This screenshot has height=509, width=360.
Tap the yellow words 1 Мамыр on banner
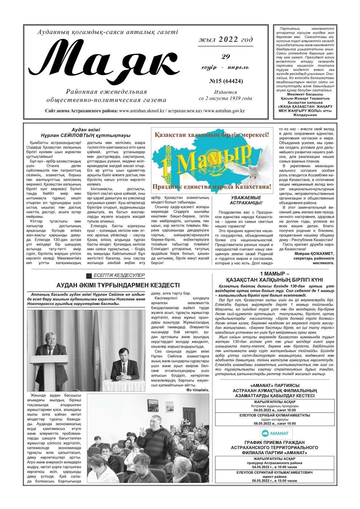(x=207, y=159)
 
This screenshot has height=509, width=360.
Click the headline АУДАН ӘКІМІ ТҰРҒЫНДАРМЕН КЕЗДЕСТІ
(x=118, y=285)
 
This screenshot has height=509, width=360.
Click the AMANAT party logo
(x=275, y=433)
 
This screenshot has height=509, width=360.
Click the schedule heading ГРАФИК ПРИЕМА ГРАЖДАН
(x=275, y=442)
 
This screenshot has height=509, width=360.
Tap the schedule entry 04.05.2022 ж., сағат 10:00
(x=275, y=410)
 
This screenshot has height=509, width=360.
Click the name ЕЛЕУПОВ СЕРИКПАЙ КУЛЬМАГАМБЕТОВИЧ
(x=275, y=472)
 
